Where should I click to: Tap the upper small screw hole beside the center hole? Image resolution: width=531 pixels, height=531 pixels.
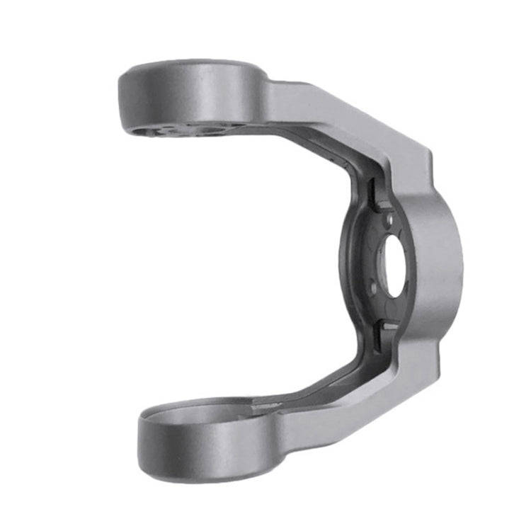pos(389,222)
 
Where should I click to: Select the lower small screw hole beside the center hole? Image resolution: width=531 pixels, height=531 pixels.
pos(373,288)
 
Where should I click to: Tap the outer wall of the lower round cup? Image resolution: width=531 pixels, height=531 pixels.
pos(198,442)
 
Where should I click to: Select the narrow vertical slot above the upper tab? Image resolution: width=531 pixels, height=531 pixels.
pos(369,188)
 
